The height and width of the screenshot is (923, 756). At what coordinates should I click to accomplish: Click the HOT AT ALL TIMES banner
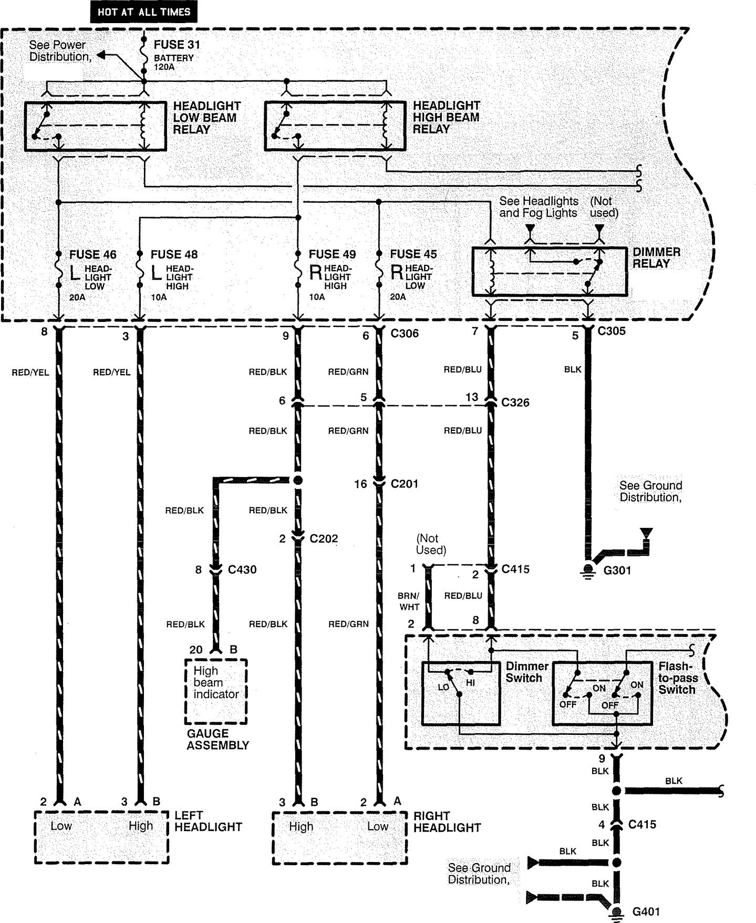143,11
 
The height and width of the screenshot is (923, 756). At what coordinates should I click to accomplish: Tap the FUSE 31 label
177,45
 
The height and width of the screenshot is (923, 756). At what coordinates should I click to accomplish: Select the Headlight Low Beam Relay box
96,127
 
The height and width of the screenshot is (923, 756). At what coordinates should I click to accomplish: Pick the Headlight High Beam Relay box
335,127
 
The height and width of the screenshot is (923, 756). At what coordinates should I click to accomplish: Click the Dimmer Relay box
549,272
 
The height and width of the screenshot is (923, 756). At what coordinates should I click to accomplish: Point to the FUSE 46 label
93,255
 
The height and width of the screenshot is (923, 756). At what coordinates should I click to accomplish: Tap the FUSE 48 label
174,255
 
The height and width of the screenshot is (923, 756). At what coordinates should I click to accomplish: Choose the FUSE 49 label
332,255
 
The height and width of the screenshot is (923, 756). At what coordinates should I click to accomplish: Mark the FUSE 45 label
413,255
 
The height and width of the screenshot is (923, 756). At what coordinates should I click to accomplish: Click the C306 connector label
405,334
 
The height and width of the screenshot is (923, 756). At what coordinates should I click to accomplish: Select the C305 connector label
612,331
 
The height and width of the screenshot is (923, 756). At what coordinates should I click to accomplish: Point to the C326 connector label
515,403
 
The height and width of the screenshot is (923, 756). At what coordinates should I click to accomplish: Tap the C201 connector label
404,484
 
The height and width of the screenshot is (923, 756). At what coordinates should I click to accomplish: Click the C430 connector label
242,569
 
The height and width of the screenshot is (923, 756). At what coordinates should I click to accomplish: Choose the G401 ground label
646,912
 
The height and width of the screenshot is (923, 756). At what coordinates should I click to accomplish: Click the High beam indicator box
216,691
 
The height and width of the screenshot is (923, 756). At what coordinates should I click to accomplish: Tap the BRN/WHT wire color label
409,601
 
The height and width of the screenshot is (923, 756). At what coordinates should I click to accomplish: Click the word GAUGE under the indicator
208,733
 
